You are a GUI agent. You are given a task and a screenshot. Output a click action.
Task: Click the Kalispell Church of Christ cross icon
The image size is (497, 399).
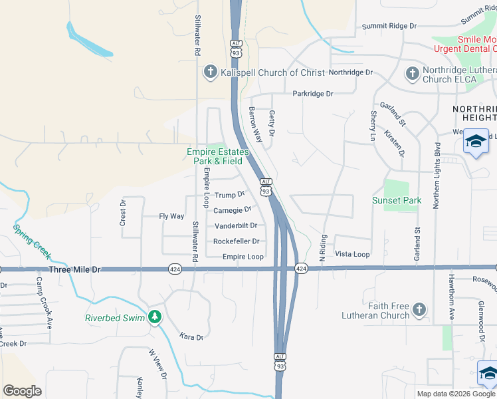point(211,72)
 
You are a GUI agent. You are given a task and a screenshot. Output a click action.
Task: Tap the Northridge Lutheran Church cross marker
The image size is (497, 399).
point(412,73)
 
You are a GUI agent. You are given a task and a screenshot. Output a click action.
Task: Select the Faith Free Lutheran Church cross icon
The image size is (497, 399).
point(419,310)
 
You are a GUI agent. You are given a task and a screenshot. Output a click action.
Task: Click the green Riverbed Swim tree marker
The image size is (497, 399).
point(155,317)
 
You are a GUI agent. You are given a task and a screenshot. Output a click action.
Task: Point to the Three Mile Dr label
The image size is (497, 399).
point(74,269)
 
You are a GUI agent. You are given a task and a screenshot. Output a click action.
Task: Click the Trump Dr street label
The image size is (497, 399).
point(231,195)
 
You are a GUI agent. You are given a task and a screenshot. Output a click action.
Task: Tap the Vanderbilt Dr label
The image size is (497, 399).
point(235,225)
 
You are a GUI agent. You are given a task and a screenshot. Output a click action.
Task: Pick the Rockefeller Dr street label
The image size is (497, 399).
point(237,241)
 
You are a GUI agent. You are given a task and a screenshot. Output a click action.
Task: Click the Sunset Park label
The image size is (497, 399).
point(397,200)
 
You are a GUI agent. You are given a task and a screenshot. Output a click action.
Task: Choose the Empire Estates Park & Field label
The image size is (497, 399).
point(217,156)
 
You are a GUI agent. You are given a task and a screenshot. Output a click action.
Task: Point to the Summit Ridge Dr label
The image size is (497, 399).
point(389,26)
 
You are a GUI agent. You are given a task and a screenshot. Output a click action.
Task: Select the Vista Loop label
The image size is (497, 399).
point(352,254)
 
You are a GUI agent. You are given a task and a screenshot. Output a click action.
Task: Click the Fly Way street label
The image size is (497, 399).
point(171,216)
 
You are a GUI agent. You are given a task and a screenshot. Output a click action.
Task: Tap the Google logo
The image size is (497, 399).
point(22,390)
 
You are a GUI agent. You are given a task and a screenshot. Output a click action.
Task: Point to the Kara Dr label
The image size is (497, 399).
point(191,337)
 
